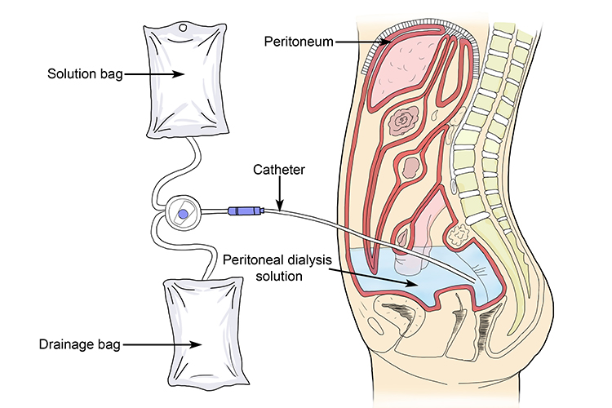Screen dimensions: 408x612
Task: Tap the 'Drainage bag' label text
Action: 82,345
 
